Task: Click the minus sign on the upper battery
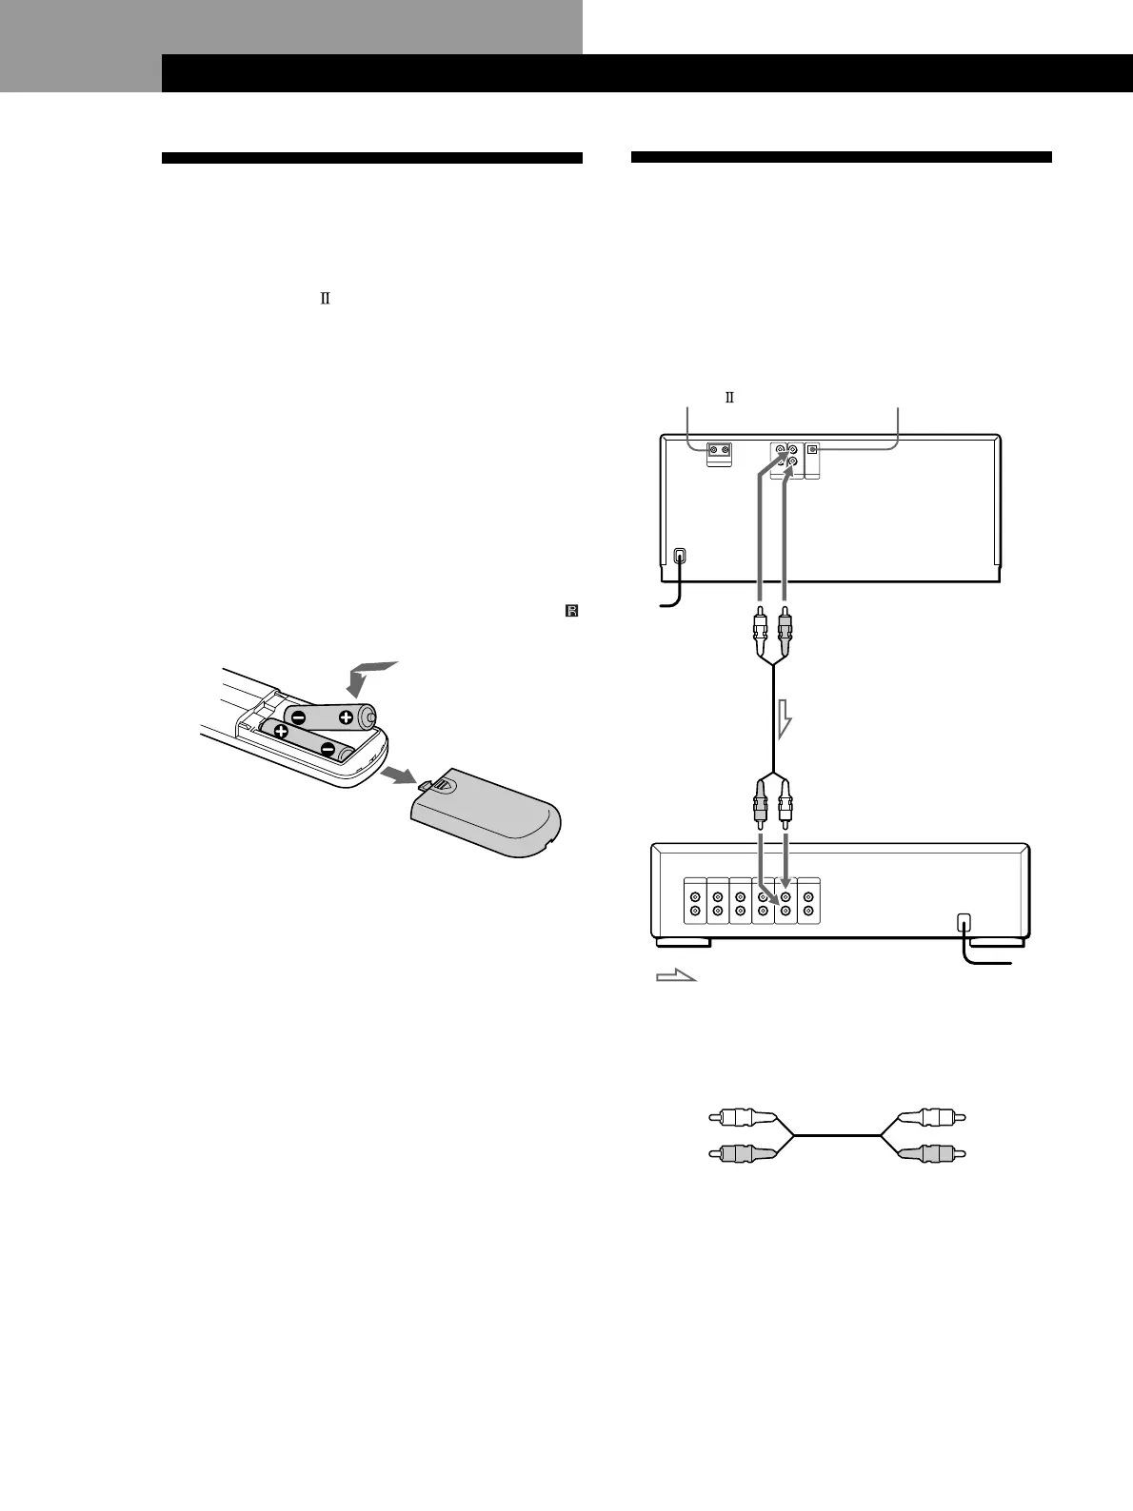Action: click(299, 717)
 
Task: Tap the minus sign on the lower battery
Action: click(328, 751)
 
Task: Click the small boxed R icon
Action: click(572, 611)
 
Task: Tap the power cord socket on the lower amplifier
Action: click(964, 922)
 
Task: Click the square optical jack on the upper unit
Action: click(812, 449)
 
